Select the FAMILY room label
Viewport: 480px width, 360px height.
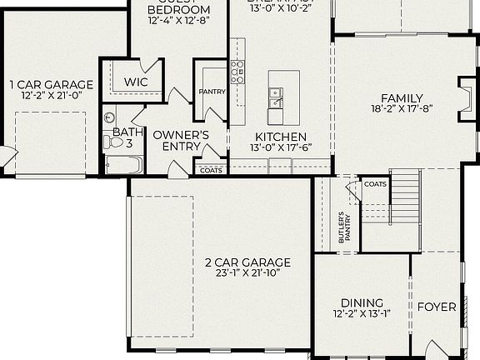[402, 97]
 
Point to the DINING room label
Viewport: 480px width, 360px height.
[362, 302]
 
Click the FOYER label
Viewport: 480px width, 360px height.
[437, 307]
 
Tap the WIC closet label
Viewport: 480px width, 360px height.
[135, 82]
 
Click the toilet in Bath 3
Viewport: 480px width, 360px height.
[112, 142]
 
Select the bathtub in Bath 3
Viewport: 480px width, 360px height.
[123, 165]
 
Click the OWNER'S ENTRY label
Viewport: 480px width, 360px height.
[180, 141]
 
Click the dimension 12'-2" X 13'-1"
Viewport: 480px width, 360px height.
[362, 315]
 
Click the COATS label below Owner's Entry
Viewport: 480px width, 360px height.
[210, 169]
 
